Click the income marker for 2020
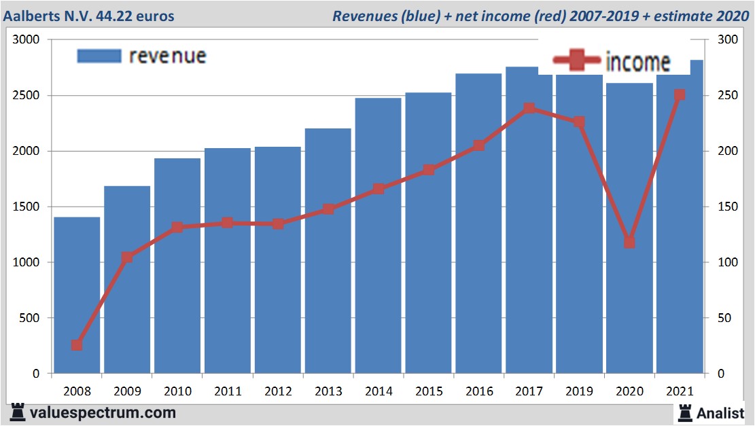[x=629, y=243]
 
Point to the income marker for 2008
[x=77, y=345]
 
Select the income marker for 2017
[x=529, y=108]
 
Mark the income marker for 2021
[x=679, y=95]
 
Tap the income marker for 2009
[x=127, y=258]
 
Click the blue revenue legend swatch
[x=99, y=56]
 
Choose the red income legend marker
[x=576, y=60]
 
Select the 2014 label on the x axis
[x=379, y=392]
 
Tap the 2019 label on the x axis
[x=580, y=392]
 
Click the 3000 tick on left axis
[x=27, y=40]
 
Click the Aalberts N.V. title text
[x=88, y=15]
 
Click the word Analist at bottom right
[x=720, y=412]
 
